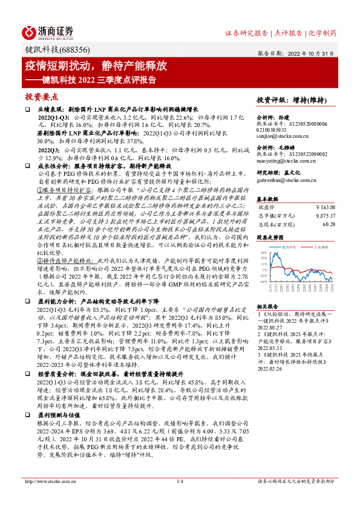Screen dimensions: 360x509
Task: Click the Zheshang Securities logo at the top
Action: pos(48,32)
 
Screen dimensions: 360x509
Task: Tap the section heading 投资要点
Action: pos(41,97)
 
